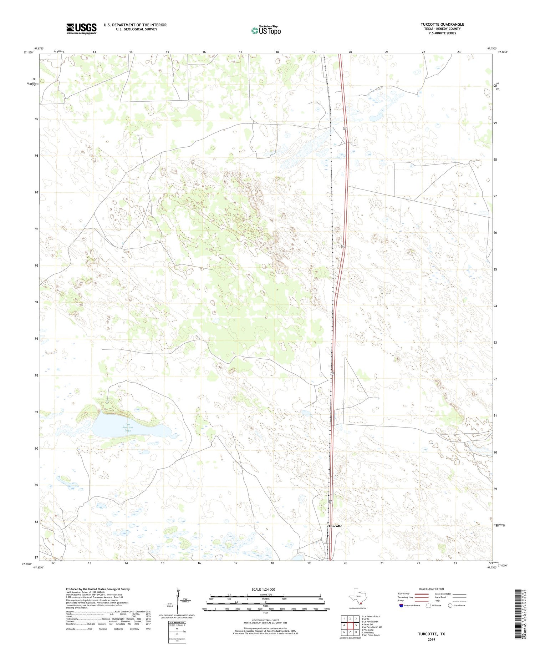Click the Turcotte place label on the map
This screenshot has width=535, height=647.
(335, 526)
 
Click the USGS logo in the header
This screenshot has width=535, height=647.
(81, 29)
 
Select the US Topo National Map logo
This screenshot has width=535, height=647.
(266, 30)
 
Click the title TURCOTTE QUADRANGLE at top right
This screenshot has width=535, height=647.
(442, 24)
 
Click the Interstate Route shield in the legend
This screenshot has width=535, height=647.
(401, 606)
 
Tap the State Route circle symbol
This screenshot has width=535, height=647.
(450, 606)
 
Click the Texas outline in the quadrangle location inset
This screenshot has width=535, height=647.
(358, 597)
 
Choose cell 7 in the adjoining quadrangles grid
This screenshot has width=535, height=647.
(350, 632)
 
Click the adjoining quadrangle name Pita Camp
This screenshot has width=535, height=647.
(368, 630)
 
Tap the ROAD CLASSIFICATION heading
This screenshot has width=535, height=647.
(431, 589)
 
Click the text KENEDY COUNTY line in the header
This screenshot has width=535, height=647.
(440, 29)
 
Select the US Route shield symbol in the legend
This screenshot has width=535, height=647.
(428, 606)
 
